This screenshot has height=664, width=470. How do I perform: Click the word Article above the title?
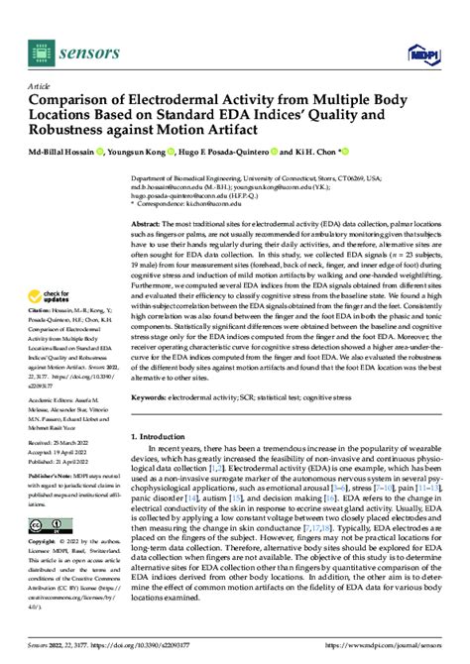click(37, 86)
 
